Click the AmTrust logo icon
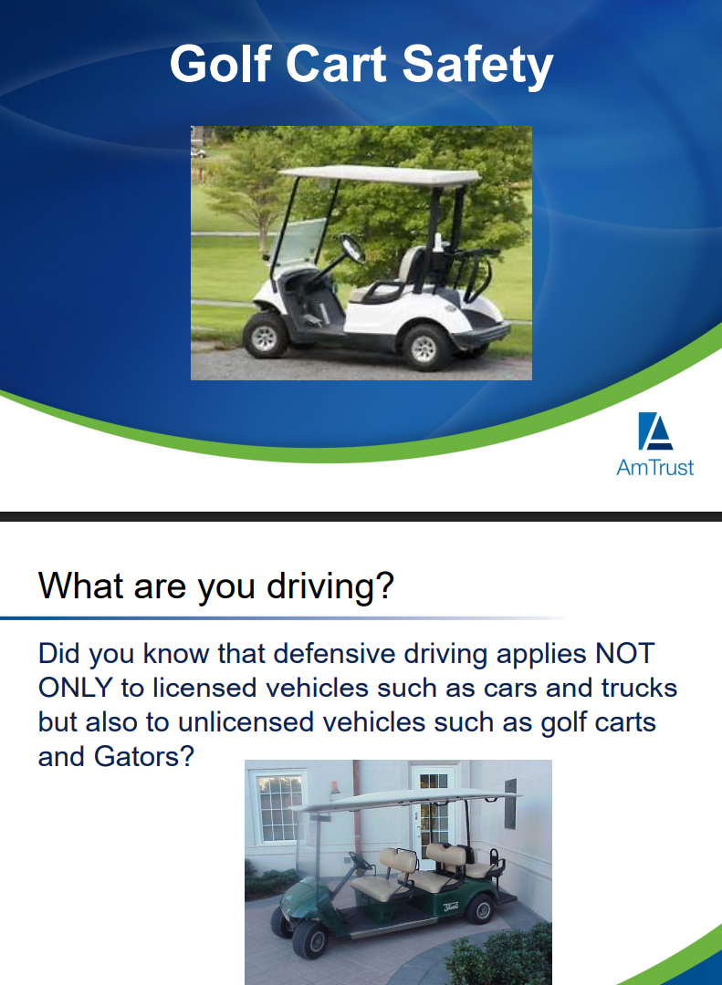coord(655,431)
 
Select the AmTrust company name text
coord(654,468)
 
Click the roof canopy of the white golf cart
coord(380,174)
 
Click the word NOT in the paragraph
coord(624,654)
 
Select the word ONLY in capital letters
coord(76,688)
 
